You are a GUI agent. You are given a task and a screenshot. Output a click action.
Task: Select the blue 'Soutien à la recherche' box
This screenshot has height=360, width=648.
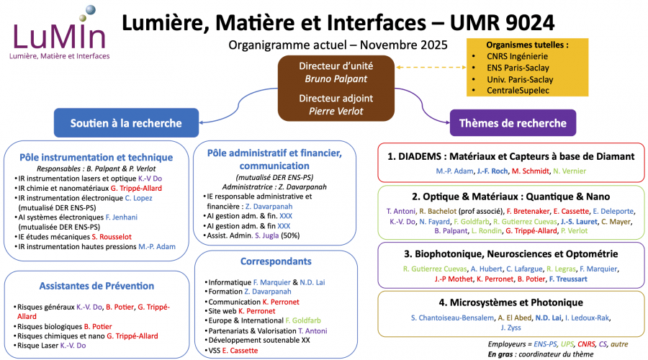(126, 123)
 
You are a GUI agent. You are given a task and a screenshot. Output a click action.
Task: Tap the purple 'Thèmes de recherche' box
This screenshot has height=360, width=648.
(513, 123)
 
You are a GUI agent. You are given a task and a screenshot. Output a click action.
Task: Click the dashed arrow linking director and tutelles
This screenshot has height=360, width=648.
(429, 68)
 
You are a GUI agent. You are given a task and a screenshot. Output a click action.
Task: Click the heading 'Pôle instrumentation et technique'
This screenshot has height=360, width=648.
(96, 157)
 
